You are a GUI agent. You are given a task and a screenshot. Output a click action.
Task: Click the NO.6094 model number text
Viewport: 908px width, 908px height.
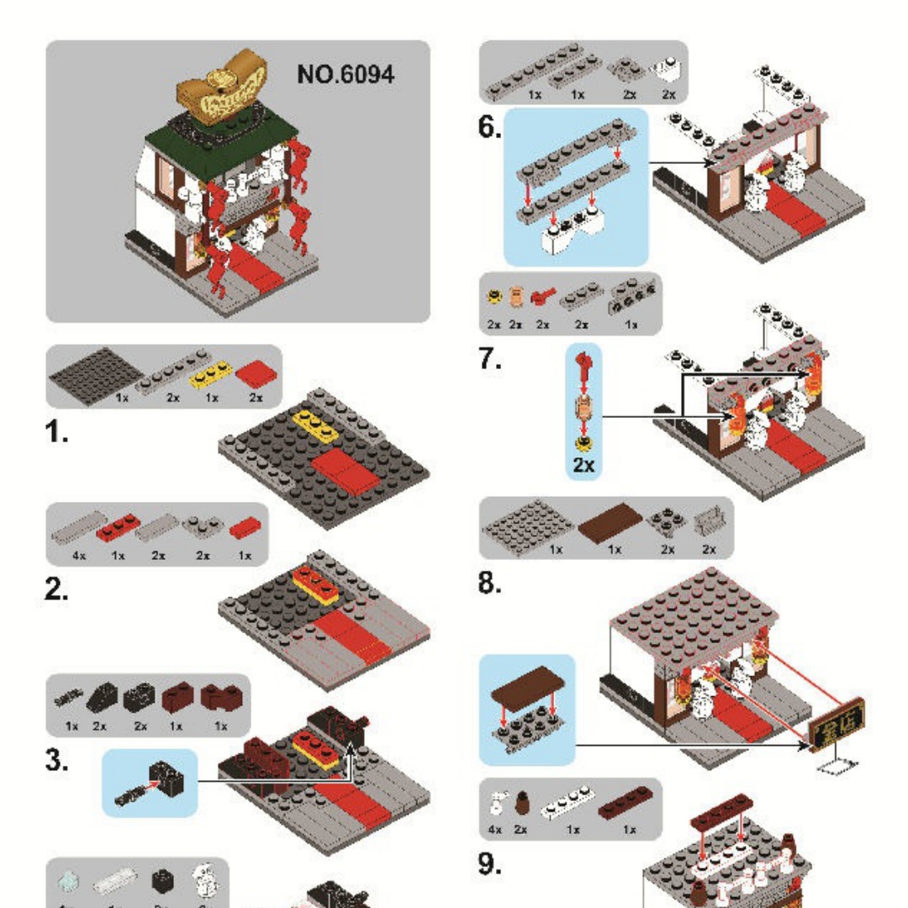pos(346,74)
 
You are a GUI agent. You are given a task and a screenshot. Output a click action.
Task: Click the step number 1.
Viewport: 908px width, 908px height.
pos(57,435)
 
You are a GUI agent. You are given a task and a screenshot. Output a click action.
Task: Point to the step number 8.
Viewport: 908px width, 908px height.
pos(491,583)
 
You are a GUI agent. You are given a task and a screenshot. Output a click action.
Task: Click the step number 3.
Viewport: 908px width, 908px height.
pos(57,763)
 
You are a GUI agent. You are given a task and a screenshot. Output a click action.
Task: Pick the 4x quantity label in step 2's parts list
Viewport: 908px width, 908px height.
pos(78,555)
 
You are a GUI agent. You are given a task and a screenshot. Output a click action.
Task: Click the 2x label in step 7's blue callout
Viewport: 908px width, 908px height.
pos(584,466)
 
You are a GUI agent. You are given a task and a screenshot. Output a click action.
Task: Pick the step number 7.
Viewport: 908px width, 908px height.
pos(491,359)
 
